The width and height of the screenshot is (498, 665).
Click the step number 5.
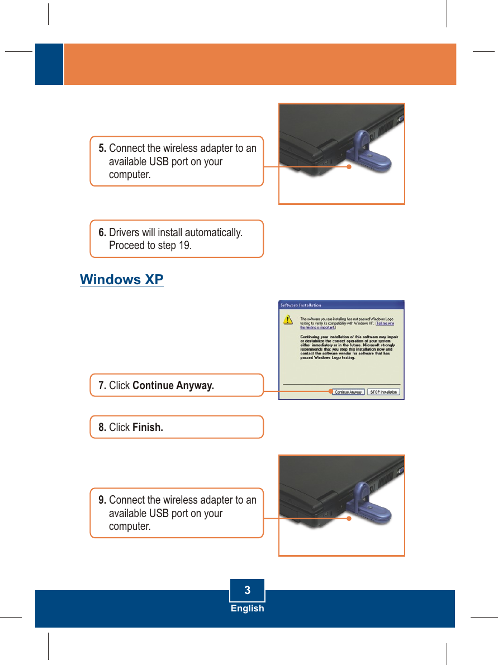(x=102, y=149)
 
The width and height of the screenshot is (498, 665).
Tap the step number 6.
(x=102, y=232)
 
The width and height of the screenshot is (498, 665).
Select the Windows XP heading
(x=122, y=279)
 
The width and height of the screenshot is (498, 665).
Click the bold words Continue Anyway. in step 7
(x=173, y=386)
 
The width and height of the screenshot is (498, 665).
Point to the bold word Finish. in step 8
(x=148, y=428)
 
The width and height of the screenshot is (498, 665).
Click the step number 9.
(x=102, y=500)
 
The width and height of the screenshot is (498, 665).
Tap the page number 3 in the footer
(x=247, y=590)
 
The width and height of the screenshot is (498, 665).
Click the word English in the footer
(x=247, y=609)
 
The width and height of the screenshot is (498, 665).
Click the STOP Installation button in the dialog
(x=383, y=392)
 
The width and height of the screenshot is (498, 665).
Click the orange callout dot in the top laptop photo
(x=348, y=166)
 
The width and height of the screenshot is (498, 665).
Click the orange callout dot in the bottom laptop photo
(x=348, y=518)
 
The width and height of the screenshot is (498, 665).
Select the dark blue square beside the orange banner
(x=49, y=64)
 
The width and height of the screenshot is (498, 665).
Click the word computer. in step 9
(x=130, y=527)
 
